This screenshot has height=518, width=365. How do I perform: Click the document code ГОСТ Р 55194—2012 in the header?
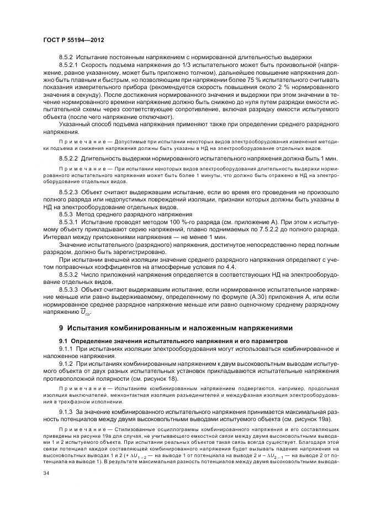73,40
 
